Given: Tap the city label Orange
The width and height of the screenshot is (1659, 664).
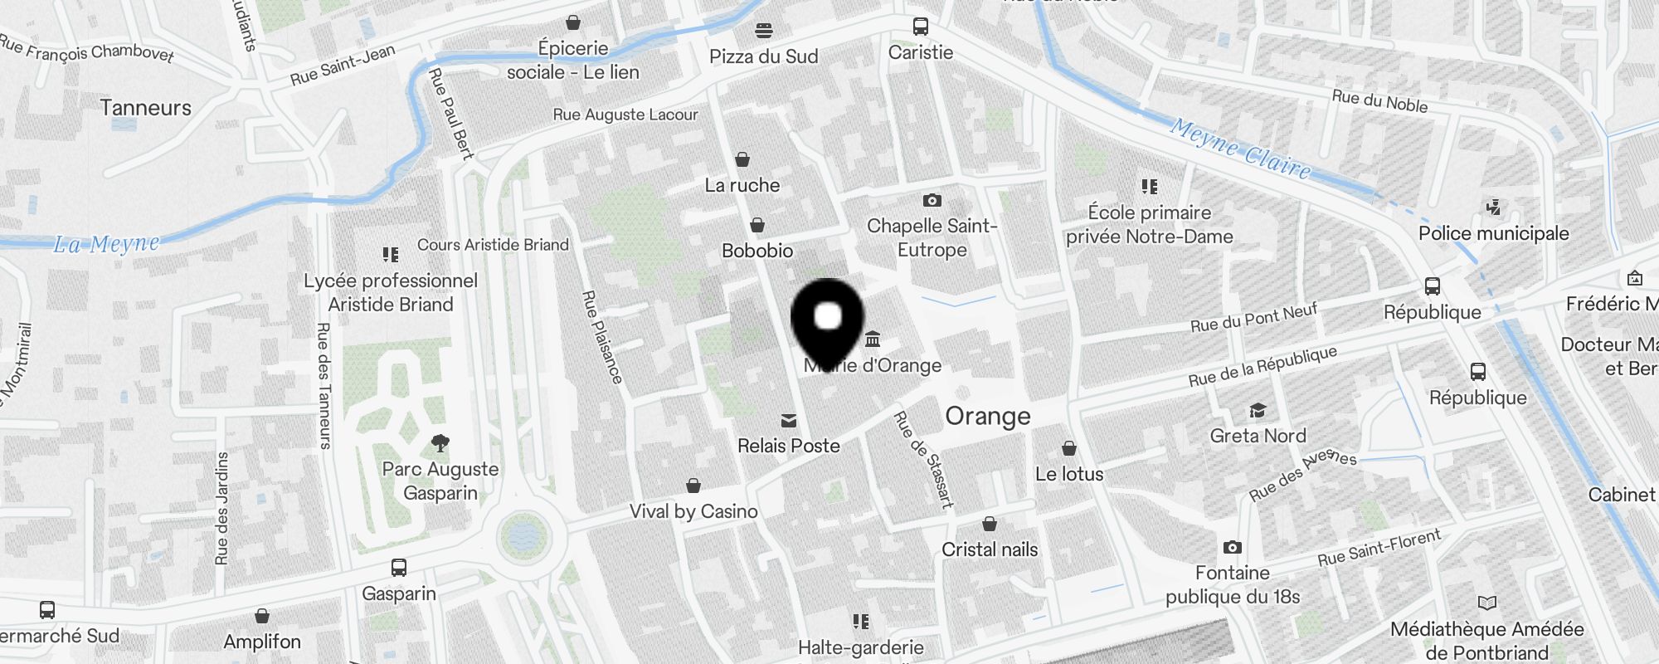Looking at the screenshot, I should [x=987, y=416].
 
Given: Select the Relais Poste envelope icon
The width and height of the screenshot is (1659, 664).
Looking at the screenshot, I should [x=789, y=422].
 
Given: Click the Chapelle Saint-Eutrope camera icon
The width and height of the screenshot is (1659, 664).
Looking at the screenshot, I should [x=932, y=200].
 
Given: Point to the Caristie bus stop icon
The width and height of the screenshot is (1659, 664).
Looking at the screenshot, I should [x=921, y=27].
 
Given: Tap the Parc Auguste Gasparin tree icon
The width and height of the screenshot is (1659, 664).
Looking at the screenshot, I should [x=440, y=443].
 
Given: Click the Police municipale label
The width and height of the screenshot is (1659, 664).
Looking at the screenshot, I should [x=1493, y=233].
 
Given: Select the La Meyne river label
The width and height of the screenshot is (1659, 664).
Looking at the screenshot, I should [x=106, y=244].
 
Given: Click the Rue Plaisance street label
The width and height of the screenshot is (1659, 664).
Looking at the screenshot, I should [x=602, y=337].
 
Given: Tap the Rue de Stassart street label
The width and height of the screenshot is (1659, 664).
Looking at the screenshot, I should [x=923, y=458].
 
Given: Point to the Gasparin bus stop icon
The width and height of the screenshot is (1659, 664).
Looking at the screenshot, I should [x=399, y=568].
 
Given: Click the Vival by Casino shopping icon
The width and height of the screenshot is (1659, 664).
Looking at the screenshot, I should [x=693, y=486].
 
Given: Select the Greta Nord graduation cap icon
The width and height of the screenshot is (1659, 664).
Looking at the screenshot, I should [x=1258, y=411].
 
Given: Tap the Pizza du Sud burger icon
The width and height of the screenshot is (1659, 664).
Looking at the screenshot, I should [x=764, y=31].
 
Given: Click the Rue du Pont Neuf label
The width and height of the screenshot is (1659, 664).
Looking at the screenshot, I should [x=1253, y=318].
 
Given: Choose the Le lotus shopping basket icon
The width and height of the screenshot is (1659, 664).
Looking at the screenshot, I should [x=1069, y=449].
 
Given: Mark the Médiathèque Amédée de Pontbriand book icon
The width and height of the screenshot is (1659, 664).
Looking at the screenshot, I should [x=1487, y=603].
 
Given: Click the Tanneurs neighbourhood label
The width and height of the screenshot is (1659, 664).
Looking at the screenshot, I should [x=146, y=108].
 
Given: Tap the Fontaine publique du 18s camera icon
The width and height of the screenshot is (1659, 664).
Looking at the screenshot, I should [x=1233, y=548].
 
